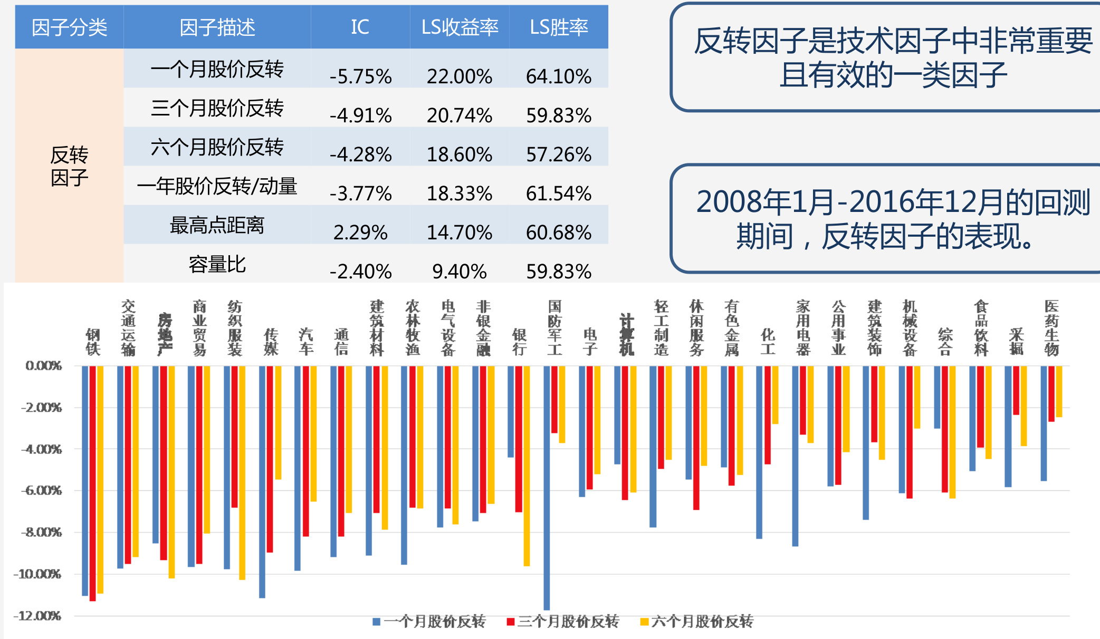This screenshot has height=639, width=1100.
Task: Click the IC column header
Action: coord(360,27)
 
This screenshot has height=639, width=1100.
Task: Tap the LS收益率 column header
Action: coord(460,27)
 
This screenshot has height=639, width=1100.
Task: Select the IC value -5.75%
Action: coord(360,76)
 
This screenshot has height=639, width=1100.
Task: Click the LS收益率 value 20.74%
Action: coord(460,115)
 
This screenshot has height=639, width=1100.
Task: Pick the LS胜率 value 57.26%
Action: coord(559,154)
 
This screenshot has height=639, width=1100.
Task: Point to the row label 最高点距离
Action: coord(217,225)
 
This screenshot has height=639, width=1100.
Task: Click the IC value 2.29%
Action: coord(360,233)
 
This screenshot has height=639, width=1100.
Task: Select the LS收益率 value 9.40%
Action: coord(460,272)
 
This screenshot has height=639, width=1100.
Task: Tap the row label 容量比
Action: coord(217,264)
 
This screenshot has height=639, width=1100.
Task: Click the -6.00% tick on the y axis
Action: coord(42,490)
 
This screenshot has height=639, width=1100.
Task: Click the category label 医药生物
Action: coord(1051,327)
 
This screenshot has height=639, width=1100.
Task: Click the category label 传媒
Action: coord(271,342)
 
